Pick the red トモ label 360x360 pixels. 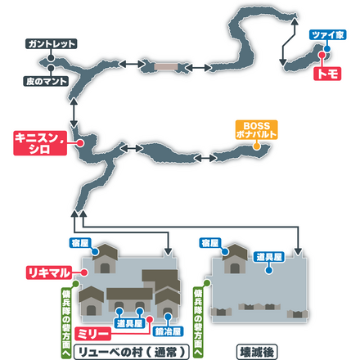[x=331, y=73]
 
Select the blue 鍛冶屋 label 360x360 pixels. [x=168, y=332]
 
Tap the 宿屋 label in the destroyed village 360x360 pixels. [x=209, y=243]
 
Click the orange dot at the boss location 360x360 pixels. [x=256, y=148]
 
